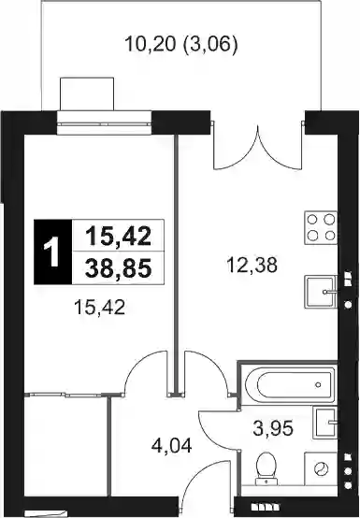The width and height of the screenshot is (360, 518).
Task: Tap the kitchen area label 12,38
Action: pos(252,266)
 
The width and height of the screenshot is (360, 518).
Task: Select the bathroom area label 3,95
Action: pos(273,428)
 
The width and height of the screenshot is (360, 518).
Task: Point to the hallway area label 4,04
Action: pos(171,446)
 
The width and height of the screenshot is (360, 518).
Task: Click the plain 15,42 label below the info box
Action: pos(100,307)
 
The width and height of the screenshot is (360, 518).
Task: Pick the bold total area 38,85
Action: pos(118,268)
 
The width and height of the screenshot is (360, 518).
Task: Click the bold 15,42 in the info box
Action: pos(118,237)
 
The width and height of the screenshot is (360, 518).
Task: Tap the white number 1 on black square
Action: pos(53,252)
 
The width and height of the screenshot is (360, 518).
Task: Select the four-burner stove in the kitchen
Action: pos(321,227)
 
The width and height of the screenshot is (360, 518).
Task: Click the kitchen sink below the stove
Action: pos(321,292)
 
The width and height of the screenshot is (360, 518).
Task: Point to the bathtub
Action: pos(289,384)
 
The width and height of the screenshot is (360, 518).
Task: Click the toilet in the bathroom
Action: pos(266,468)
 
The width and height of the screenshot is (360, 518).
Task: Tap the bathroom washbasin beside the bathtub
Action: pos(325,423)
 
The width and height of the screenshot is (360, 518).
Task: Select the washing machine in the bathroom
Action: pos(321,468)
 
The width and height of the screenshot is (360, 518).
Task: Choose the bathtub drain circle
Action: pos(318,384)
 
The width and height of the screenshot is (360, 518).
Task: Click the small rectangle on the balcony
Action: pos(87,94)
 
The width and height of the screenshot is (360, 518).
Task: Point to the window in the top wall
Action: pos(104,123)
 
